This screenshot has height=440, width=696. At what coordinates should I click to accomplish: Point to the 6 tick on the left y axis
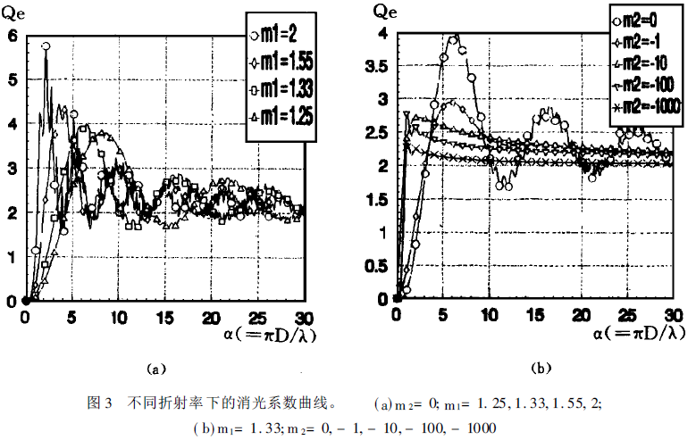pyautogui.click(x=12, y=36)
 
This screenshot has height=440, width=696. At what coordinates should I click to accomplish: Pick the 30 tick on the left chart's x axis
pyautogui.click(x=303, y=318)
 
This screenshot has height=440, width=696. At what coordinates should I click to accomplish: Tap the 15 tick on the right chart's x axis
pyautogui.click(x=535, y=317)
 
